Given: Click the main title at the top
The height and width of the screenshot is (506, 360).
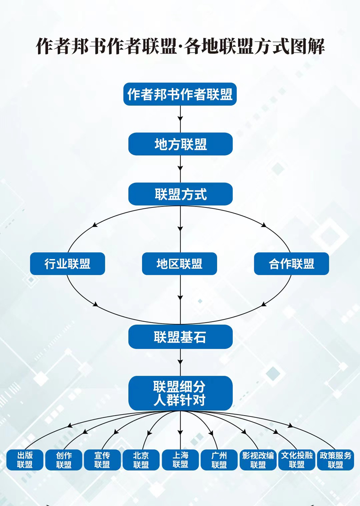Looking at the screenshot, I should pos(180,46).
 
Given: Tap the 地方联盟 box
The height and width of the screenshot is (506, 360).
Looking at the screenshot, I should pos(180,144).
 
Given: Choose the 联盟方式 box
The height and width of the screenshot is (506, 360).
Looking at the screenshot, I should pos(180,194).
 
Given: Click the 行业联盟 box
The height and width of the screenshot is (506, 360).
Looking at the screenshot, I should pos(67,264).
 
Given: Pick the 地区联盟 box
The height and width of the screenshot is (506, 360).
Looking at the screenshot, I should pos(180,264).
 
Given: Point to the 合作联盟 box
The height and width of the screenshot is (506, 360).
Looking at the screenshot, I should pos(292,264).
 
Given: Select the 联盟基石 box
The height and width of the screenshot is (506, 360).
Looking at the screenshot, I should pos(180,337).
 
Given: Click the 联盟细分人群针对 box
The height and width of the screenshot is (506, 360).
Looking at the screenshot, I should pos(180,393).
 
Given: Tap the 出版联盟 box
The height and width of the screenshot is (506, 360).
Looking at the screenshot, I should pos(25,460).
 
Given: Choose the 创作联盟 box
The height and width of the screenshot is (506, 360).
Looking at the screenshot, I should pos(64,460).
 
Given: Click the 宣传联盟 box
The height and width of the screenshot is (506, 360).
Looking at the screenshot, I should pos(103,460).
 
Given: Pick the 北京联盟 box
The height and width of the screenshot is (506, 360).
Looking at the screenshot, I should pos(141,460).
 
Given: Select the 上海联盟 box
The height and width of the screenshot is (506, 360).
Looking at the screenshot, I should pos(180,460).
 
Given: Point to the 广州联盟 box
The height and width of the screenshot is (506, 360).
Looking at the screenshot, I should pos(219,460).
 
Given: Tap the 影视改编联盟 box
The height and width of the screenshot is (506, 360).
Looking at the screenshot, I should pos(258,460).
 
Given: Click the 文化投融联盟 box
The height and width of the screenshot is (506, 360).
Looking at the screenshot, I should pos(297,460).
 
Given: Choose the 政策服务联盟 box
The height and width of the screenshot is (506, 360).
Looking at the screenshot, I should pos(336,460).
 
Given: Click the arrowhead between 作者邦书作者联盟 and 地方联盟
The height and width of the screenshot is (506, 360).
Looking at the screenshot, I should pos(180,119).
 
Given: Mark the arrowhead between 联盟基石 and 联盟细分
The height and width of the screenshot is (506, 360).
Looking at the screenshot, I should pos(180,361).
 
